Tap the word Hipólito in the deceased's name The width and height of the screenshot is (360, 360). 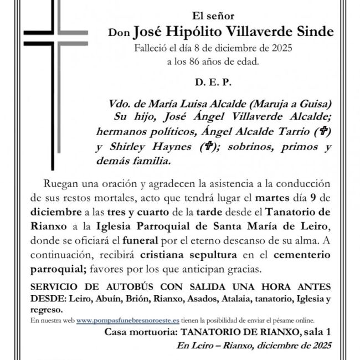point(200,32)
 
